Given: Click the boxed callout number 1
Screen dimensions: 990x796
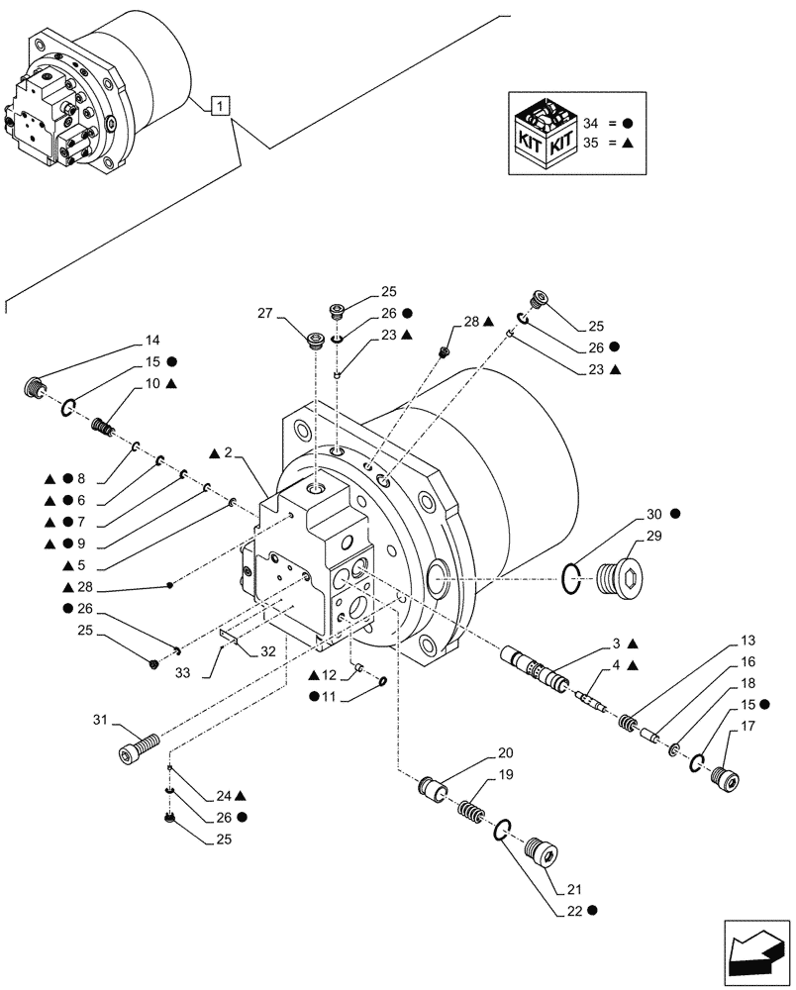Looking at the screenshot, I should click(221, 106).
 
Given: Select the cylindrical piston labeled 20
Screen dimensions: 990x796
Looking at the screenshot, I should click(434, 789).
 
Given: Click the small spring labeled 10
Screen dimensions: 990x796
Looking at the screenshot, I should click(104, 429).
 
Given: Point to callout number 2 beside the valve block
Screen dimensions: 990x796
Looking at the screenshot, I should click(227, 452).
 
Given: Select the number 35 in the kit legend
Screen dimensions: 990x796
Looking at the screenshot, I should click(592, 143).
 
